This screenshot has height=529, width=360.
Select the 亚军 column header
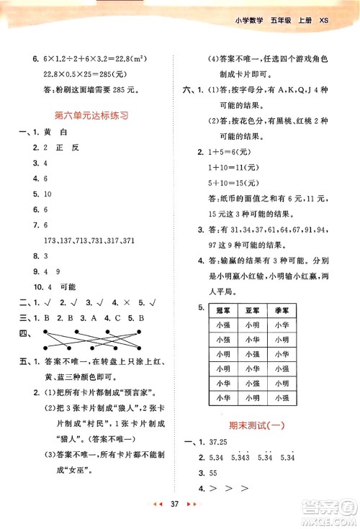[x=252, y=309]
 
